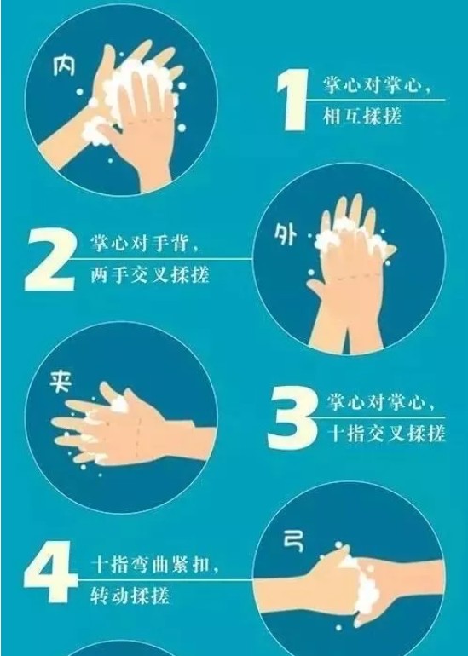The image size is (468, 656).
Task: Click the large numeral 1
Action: pyautogui.click(x=294, y=100)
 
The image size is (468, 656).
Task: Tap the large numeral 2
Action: pyautogui.click(x=50, y=259)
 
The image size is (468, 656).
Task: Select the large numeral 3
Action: pyautogui.click(x=292, y=418)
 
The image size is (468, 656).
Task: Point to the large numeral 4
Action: pyautogui.click(x=50, y=572)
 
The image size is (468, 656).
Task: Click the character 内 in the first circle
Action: pyautogui.click(x=64, y=66)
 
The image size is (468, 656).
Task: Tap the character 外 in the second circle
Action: pyautogui.click(x=286, y=234)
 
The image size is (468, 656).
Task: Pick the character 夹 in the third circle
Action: pyautogui.click(x=61, y=381)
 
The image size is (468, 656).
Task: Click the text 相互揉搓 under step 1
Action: pyautogui.click(x=362, y=116)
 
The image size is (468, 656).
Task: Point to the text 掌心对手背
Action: pyautogui.click(x=141, y=244)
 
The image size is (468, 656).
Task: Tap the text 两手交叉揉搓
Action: pyautogui.click(x=149, y=275)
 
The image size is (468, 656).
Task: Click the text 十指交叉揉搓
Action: pyautogui.click(x=386, y=434)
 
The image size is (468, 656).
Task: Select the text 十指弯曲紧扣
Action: pyautogui.click(x=150, y=565)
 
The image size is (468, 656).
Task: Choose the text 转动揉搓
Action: pyautogui.click(x=130, y=595)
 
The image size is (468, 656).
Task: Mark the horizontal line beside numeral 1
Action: pyautogui.click(x=376, y=100)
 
